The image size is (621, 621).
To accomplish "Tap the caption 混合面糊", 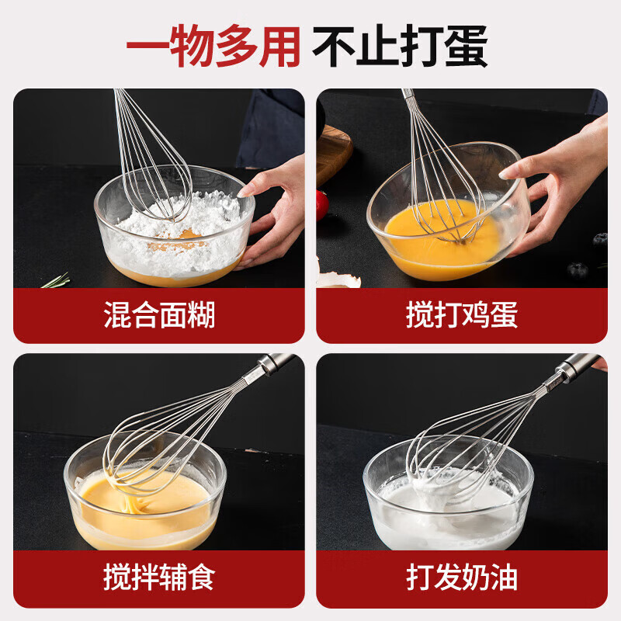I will pos(159,316).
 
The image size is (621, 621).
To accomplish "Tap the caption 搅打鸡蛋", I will pos(461,316).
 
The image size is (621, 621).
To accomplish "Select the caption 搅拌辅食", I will pos(159,578).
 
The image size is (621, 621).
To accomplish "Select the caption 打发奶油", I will pos(461,578).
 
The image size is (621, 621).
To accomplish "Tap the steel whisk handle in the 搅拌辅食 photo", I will pos(276,363).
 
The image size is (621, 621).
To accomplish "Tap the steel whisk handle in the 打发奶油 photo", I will pos(578,363).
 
